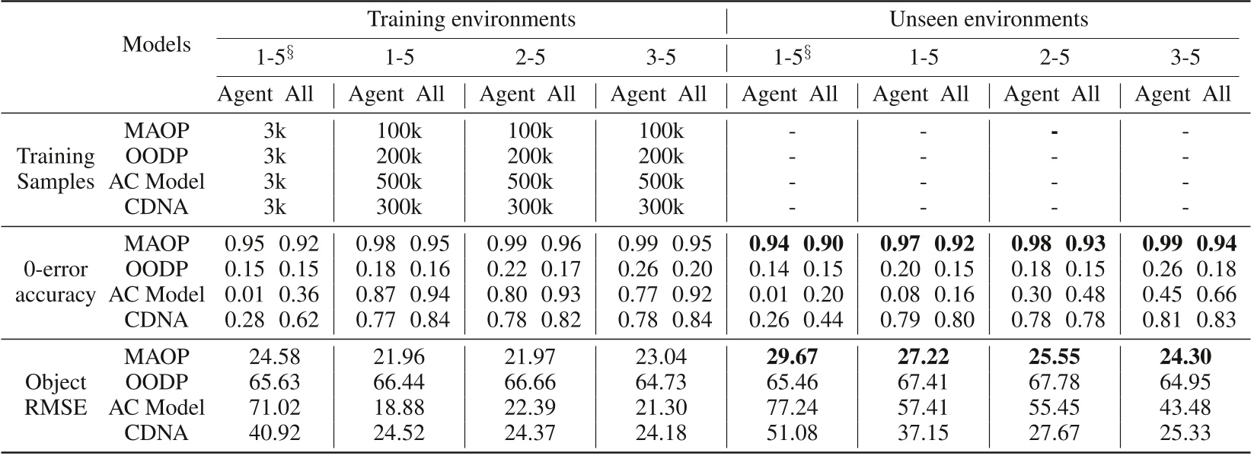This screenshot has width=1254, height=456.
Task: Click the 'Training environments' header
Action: click(471, 18)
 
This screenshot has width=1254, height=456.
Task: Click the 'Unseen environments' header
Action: click(988, 18)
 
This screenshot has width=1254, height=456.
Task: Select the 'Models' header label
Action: click(156, 44)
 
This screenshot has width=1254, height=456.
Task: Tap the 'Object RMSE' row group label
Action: click(56, 394)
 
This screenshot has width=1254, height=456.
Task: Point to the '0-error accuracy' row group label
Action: click(55, 282)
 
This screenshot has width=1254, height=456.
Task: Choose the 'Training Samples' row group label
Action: click(56, 169)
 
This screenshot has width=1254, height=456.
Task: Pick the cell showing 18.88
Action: click(399, 407)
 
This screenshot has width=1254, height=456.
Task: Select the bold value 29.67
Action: click(792, 356)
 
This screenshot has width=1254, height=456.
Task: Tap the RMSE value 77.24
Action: click(792, 407)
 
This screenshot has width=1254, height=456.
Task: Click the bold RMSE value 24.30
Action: click(1185, 356)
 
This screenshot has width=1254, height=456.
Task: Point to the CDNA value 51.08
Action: click(792, 433)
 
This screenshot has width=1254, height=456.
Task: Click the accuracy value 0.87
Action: click(376, 295)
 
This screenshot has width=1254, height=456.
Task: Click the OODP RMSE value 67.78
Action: click(1054, 381)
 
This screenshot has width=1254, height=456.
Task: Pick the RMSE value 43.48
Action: click(1185, 407)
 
